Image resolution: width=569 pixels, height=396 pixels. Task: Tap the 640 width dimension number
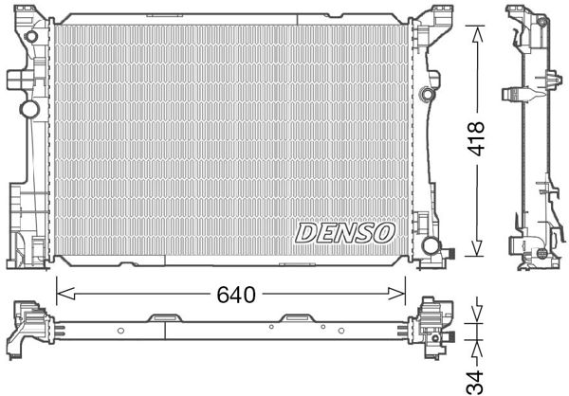pyautogui.click(x=234, y=295)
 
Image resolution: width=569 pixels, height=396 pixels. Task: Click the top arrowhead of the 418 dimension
pyautogui.click(x=478, y=26)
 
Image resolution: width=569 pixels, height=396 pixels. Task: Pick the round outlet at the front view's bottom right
pyautogui.click(x=431, y=247)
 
